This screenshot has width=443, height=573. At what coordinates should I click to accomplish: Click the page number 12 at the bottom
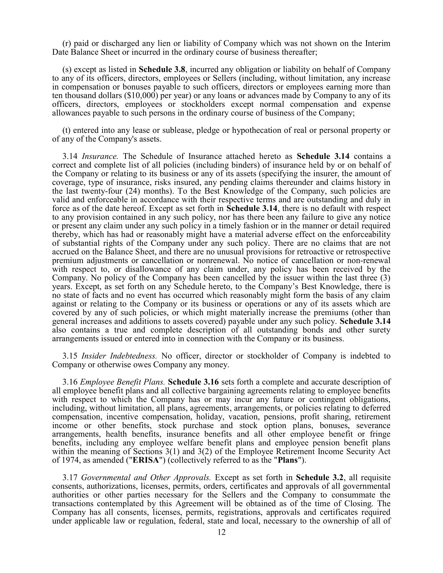click(x=221, y=532)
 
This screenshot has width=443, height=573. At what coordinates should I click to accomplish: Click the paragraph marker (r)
click(x=67, y=43)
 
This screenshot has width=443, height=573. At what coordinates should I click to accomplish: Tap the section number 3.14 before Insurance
click(x=70, y=156)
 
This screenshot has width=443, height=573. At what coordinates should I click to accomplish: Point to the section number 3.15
click(x=70, y=356)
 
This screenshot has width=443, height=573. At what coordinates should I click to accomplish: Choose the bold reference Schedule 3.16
click(x=193, y=382)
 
